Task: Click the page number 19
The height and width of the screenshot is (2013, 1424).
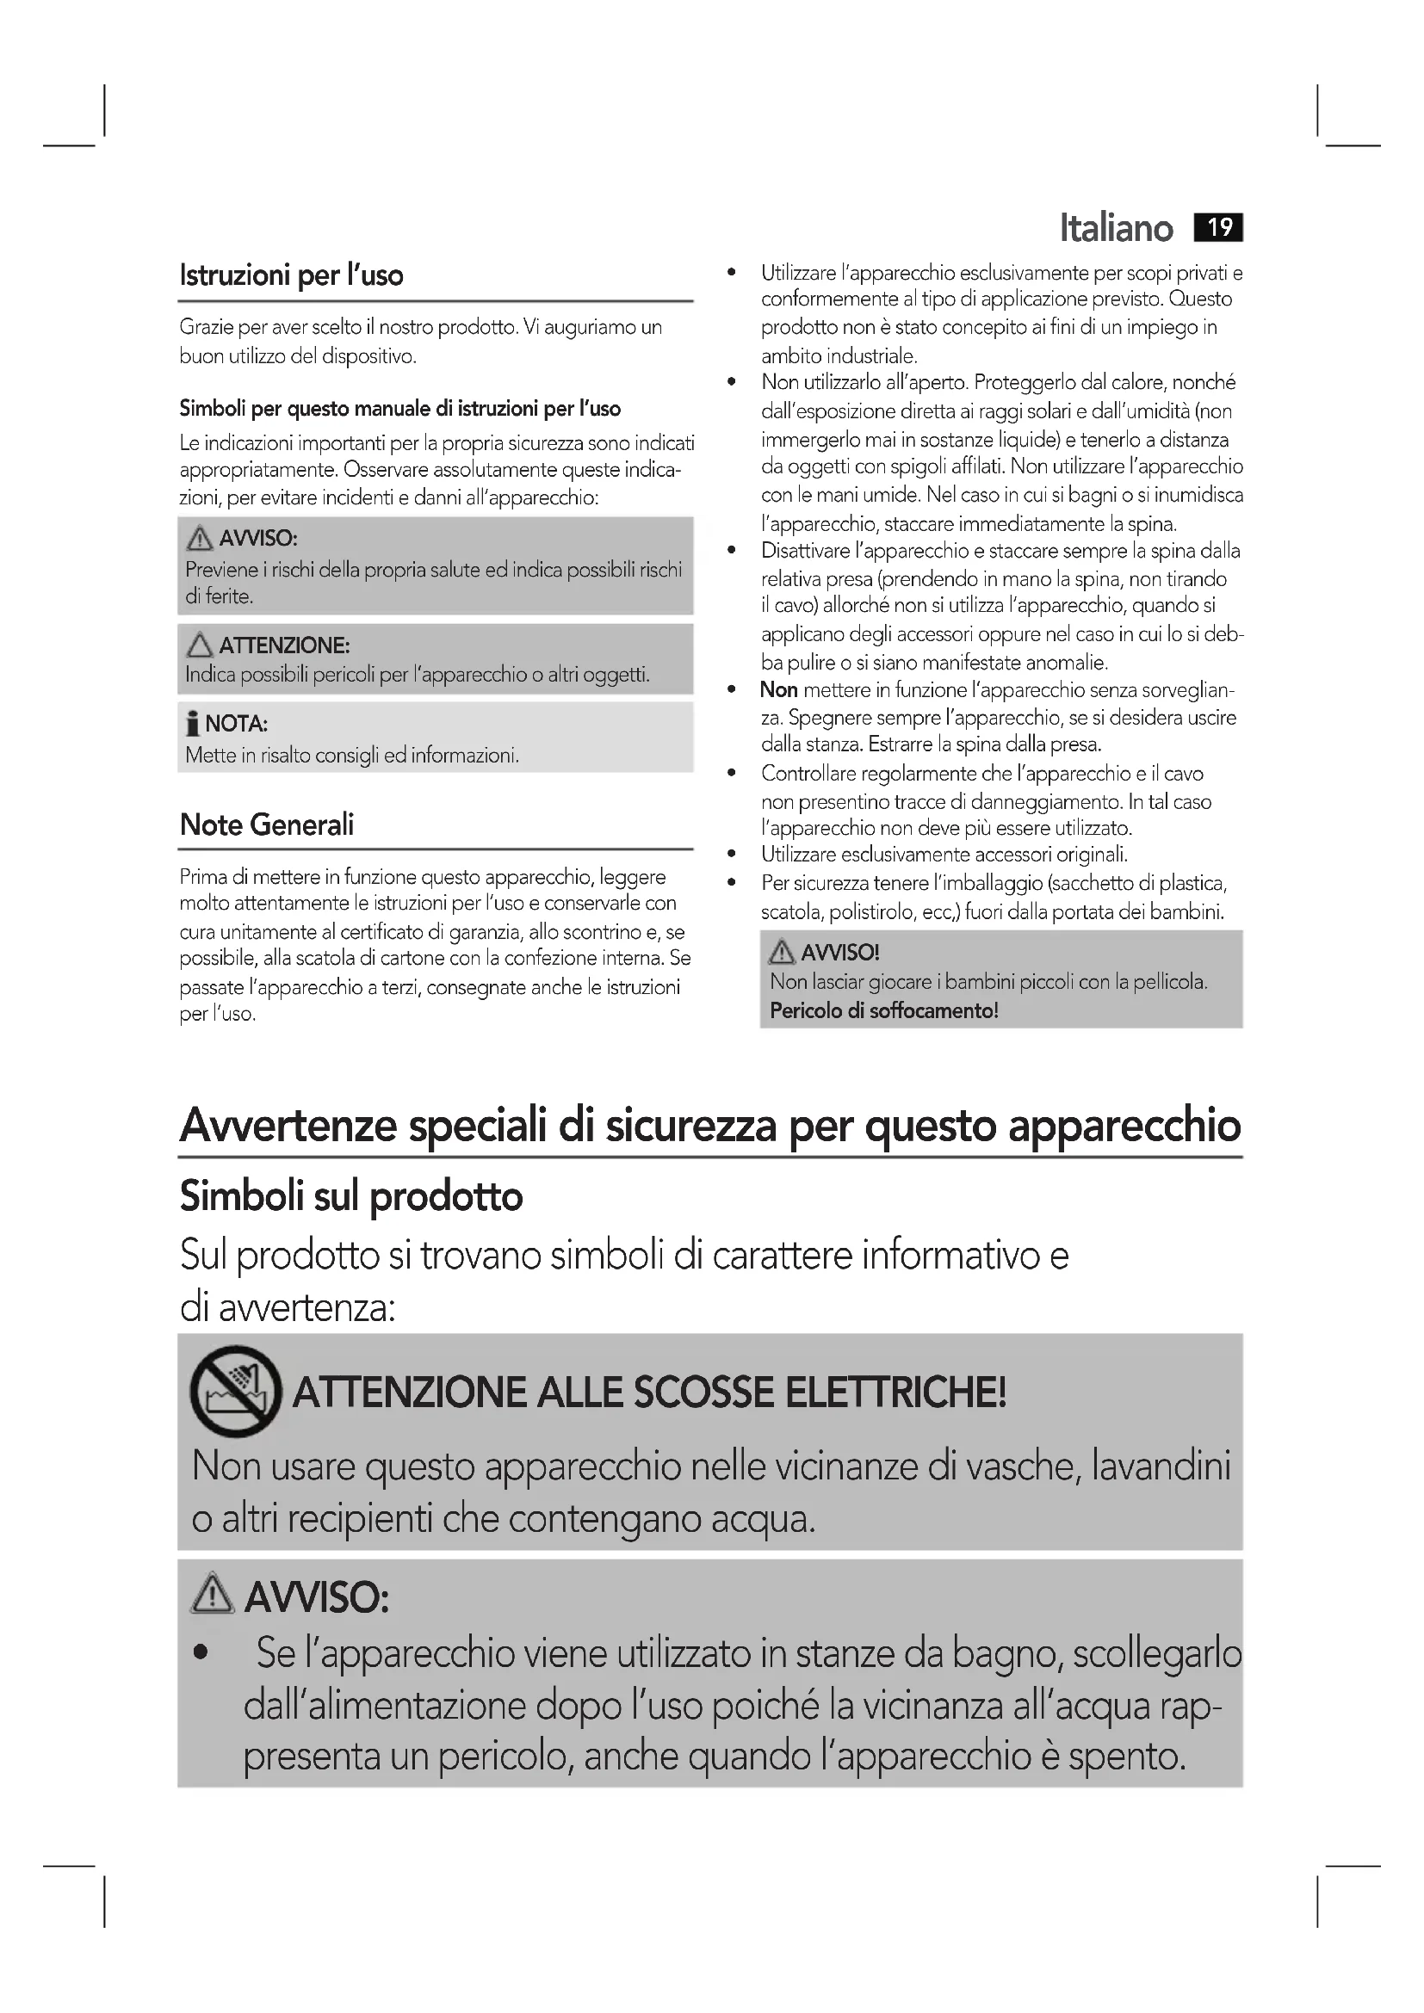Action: click(x=1219, y=227)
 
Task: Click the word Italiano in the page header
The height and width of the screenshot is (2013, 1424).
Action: click(x=1115, y=228)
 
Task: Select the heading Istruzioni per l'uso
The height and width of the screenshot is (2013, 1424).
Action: click(x=291, y=275)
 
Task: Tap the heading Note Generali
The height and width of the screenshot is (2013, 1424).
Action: click(x=267, y=824)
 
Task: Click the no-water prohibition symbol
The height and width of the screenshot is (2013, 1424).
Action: click(x=235, y=1391)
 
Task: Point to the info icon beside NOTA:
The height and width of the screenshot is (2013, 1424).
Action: click(x=192, y=724)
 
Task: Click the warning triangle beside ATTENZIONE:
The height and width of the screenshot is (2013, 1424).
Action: click(x=200, y=645)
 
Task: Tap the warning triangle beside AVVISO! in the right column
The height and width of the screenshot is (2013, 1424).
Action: click(x=780, y=952)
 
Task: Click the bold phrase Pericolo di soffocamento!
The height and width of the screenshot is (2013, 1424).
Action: click(x=884, y=1011)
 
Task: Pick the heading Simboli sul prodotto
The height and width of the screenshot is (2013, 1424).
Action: click(x=350, y=1196)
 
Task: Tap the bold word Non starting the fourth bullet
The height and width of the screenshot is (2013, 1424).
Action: click(x=778, y=690)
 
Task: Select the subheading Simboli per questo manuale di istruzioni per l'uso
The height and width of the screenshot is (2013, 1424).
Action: click(x=399, y=409)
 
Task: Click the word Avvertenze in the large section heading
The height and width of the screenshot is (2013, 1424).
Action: click(x=288, y=1126)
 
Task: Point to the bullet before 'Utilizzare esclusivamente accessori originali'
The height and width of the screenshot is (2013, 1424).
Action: click(x=731, y=854)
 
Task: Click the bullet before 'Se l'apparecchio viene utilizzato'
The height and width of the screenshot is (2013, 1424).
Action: click(x=201, y=1654)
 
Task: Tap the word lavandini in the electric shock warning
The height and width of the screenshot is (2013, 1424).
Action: click(x=1161, y=1466)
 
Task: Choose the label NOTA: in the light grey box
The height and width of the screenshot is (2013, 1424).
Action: click(x=236, y=724)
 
